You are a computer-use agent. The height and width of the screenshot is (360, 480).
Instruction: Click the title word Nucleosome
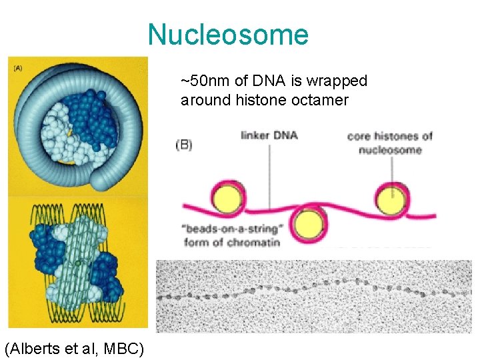tap(228, 35)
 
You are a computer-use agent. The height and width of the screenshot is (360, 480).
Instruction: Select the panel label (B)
tap(184, 145)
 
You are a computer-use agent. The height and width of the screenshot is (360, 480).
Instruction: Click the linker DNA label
tap(269, 135)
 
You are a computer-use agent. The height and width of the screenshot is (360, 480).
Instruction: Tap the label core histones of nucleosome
tap(390, 143)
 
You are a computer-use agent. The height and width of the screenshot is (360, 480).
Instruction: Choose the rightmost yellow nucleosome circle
tap(393, 198)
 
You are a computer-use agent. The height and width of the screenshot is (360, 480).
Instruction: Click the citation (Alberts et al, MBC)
tap(74, 348)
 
